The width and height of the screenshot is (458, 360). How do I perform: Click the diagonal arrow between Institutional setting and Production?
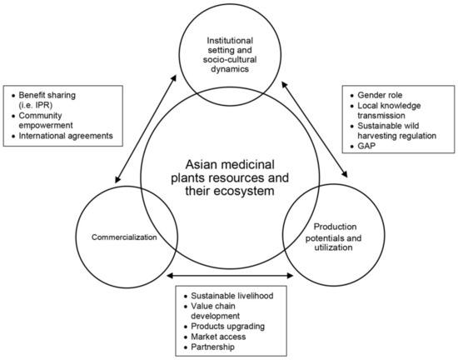(x=317, y=125)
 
